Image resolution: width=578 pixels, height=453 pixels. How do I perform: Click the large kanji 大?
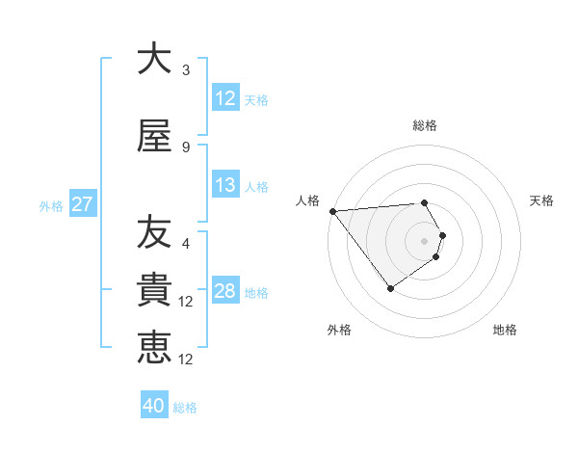(154, 59)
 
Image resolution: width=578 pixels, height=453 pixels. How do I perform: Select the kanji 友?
(154, 232)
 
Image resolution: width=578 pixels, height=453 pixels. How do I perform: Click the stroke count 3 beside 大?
(186, 70)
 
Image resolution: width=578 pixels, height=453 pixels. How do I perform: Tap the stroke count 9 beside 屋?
(186, 147)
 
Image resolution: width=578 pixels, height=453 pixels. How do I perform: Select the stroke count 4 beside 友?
(186, 244)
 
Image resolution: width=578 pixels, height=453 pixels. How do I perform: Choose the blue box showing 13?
(224, 185)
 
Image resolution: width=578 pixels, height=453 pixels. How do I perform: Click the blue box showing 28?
(224, 291)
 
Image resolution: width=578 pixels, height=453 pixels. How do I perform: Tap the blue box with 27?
(82, 204)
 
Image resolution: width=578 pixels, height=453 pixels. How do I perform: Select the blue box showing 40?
(154, 406)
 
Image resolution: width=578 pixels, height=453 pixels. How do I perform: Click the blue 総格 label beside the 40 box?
(185, 408)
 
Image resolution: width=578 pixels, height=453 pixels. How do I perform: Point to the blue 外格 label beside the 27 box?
(51, 205)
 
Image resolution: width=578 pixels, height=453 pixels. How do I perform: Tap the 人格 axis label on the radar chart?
(308, 200)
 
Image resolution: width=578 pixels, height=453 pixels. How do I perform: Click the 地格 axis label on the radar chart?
(505, 330)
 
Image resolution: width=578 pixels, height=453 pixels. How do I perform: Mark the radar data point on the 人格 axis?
(332, 211)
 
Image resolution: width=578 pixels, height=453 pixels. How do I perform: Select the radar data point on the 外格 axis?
(390, 288)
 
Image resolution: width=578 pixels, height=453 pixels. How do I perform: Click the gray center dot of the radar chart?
(424, 240)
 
